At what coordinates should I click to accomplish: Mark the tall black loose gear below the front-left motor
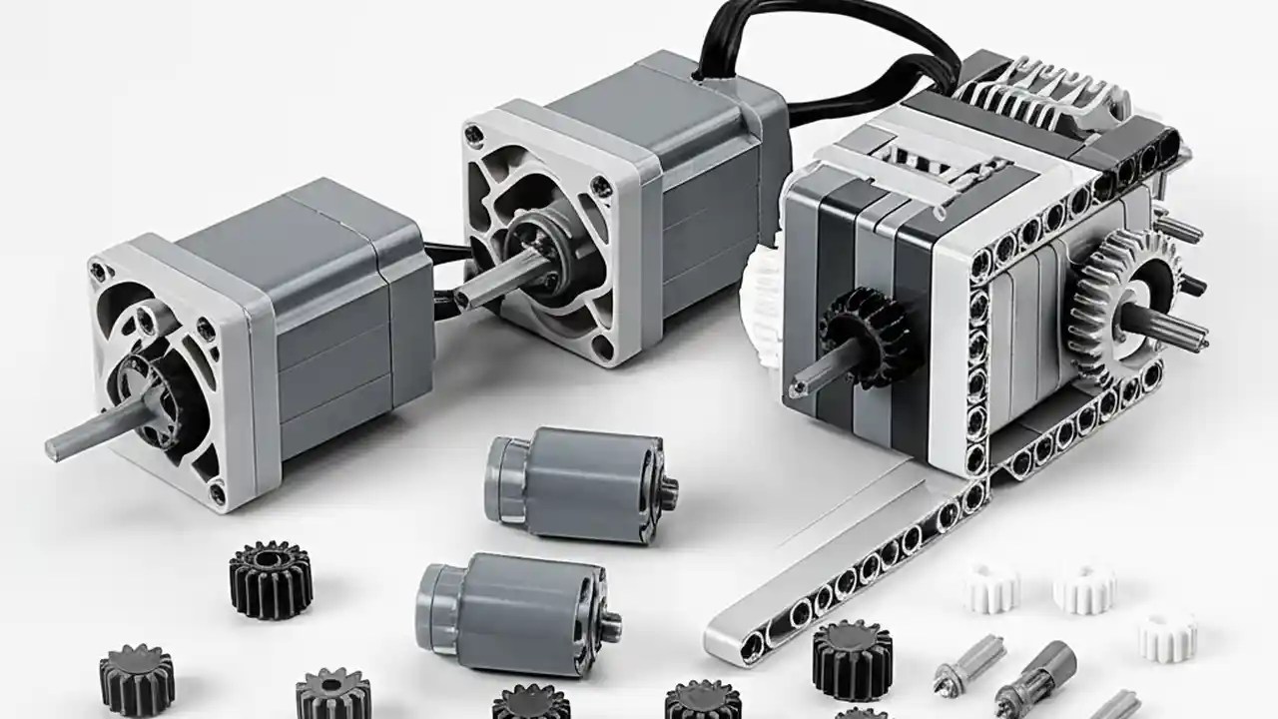271,579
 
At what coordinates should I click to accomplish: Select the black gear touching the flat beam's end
851,659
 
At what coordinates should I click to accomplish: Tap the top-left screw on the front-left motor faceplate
97,271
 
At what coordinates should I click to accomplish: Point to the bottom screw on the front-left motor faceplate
217,491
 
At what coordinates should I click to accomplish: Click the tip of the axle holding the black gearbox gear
799,385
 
